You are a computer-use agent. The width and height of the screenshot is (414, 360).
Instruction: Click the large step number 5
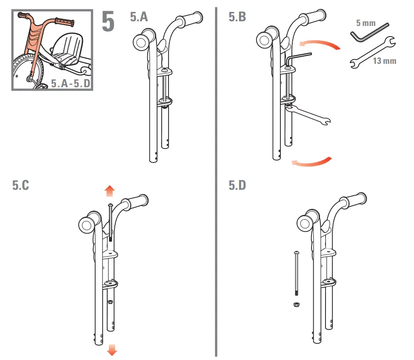tap(108, 22)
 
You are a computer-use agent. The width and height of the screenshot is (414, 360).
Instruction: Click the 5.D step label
tap(237, 186)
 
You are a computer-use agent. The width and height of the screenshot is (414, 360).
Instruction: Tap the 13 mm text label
tap(384, 61)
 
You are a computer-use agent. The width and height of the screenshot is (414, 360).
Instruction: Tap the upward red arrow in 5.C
tap(109, 191)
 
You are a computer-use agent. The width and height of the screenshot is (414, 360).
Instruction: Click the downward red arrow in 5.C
tap(112, 349)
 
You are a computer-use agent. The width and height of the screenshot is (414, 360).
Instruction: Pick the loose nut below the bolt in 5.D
tap(295, 305)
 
